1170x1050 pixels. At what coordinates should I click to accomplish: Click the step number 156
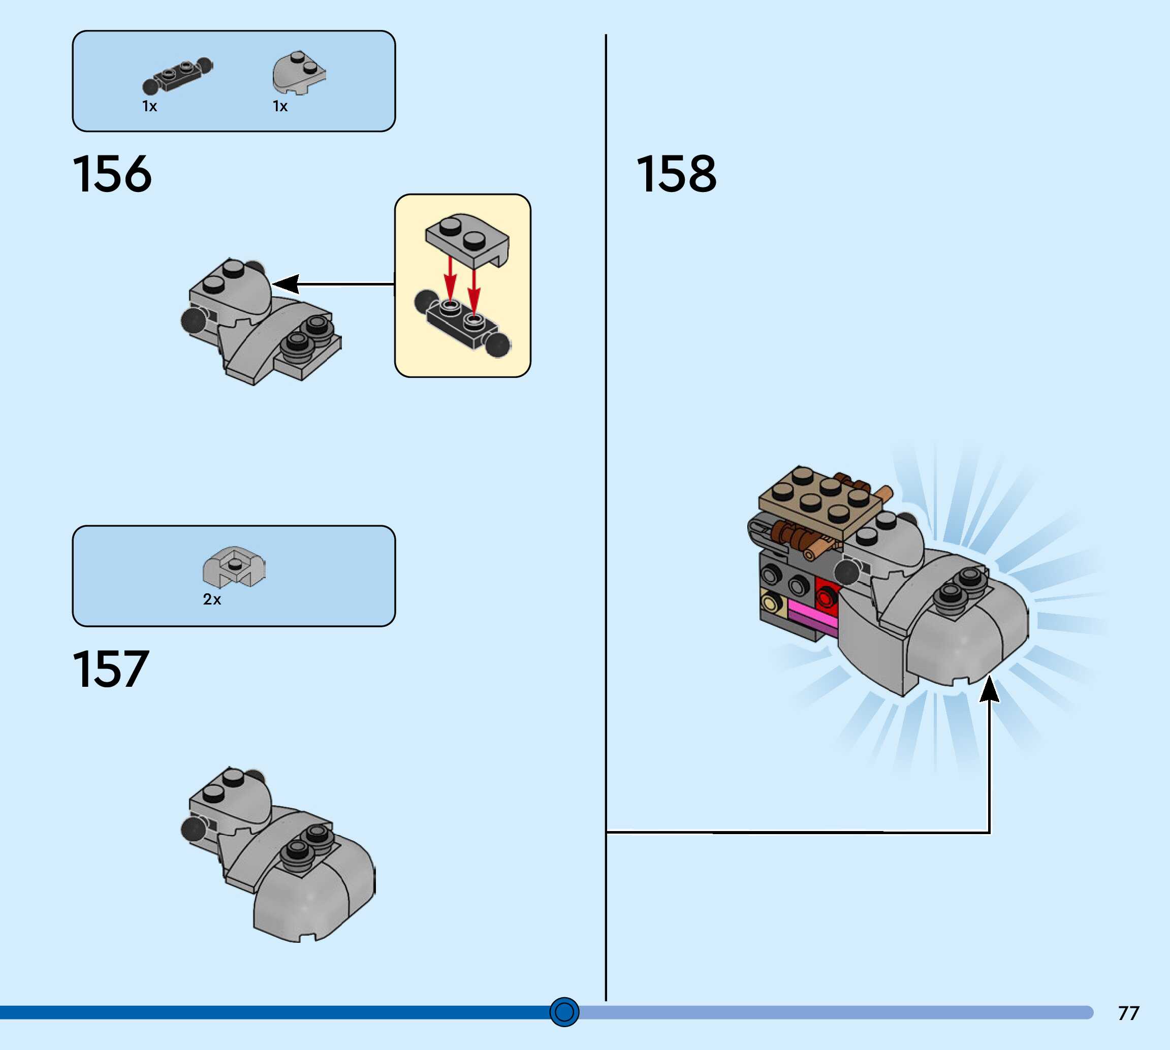(x=112, y=174)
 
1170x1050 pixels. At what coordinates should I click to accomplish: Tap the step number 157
(x=111, y=669)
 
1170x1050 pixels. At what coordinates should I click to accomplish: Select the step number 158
(x=676, y=174)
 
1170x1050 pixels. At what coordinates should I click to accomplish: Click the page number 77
(x=1128, y=1013)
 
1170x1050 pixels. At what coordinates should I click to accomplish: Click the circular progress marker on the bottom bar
(x=564, y=1012)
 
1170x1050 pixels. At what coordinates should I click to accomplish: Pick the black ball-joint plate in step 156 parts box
(x=177, y=76)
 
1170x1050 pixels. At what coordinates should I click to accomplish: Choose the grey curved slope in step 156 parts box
(x=298, y=73)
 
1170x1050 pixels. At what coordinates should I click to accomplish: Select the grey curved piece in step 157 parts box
(x=234, y=566)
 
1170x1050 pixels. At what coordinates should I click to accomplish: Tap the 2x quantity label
(x=212, y=599)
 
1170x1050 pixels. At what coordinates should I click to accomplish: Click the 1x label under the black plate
(x=149, y=106)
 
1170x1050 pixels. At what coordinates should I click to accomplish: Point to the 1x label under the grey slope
(x=280, y=106)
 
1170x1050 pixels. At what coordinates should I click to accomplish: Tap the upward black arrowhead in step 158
(x=990, y=690)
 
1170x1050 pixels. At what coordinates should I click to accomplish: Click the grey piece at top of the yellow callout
(x=467, y=240)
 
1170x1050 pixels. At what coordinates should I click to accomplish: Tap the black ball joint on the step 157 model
(x=192, y=830)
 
